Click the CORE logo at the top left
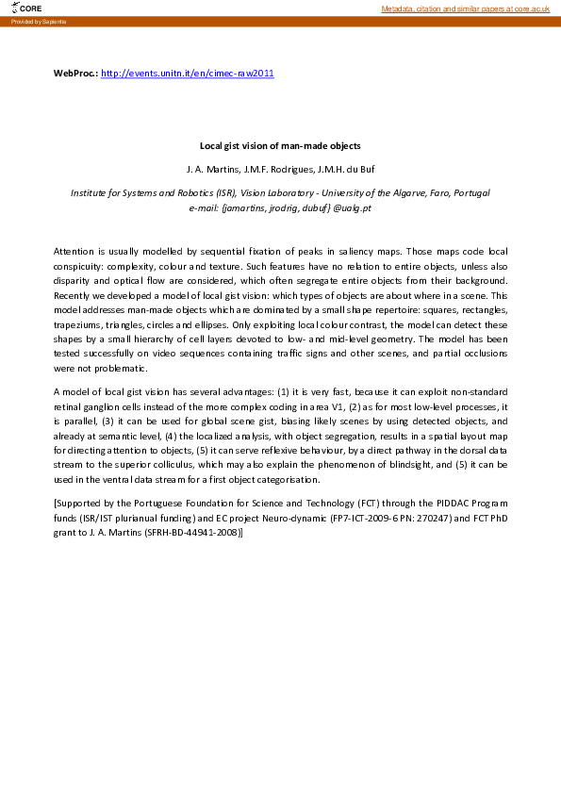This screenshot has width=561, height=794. [28, 8]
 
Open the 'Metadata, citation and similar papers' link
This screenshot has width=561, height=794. [465, 8]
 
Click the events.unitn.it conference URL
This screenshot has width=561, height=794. [187, 73]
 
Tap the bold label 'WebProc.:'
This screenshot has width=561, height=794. [75, 73]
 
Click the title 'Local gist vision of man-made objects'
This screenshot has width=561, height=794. [280, 146]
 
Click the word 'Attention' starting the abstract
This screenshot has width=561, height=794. [74, 253]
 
